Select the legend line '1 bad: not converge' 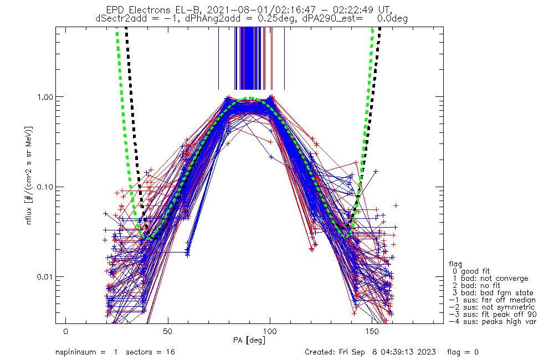pyautogui.click(x=490, y=279)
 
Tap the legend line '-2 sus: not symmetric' pyautogui.click(x=492, y=307)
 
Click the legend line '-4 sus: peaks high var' pyautogui.click(x=492, y=321)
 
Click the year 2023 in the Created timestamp pyautogui.click(x=426, y=352)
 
